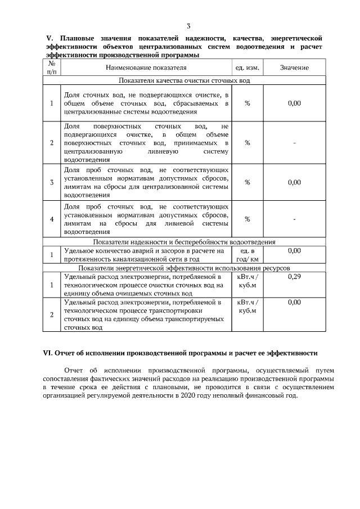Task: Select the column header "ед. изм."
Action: point(247,68)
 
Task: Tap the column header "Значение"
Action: point(294,68)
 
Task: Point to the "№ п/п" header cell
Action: point(52,68)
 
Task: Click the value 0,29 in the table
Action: point(294,277)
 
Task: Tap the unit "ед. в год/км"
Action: point(247,255)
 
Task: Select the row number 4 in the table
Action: point(52,219)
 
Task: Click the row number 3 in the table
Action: point(52,182)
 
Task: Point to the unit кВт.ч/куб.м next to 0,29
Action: point(247,281)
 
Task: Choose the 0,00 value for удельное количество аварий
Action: point(294,251)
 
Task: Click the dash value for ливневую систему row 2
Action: point(294,143)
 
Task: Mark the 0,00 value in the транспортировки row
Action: point(294,303)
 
